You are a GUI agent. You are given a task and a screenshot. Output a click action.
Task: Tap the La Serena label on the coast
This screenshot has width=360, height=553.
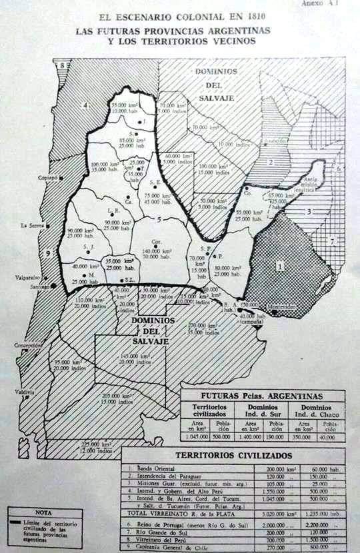(32, 225)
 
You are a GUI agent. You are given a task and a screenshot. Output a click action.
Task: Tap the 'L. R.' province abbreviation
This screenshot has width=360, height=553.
(113, 210)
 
